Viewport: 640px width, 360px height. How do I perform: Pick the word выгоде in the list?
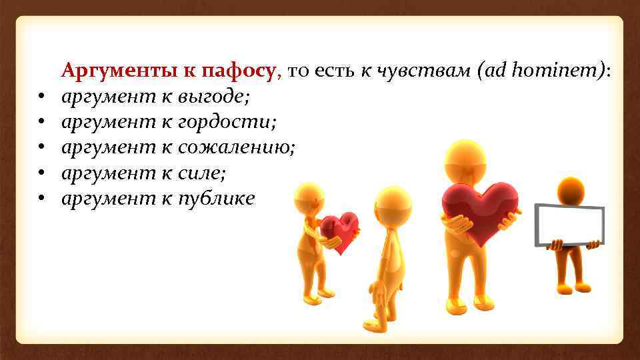213,98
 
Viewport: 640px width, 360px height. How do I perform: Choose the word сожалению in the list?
236,148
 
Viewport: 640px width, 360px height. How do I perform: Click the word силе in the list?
202,173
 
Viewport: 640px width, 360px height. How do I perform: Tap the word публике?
216,198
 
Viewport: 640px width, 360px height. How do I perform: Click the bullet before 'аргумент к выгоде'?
41,99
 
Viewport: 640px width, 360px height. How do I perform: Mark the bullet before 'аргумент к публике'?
41,199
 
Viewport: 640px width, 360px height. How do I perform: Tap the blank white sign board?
571,225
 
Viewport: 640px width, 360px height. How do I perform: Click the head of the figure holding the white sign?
571,191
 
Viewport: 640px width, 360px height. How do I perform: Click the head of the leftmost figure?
309,198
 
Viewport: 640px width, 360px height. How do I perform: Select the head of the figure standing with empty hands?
393,205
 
